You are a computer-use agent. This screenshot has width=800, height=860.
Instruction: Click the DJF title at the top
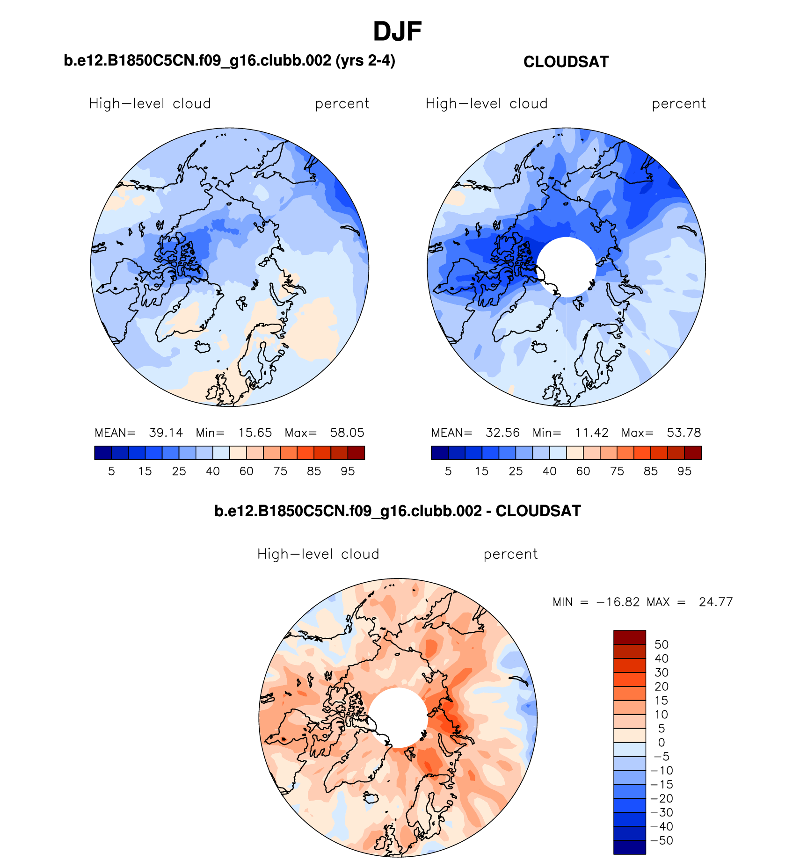[397, 32]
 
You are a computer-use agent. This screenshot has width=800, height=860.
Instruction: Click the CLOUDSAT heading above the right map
[566, 62]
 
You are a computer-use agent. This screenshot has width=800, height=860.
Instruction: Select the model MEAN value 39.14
[166, 433]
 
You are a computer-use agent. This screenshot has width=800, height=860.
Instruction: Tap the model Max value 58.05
[347, 433]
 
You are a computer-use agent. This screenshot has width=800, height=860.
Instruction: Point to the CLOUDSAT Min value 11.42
[591, 433]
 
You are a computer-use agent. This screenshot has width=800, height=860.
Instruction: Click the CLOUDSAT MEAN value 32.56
[502, 433]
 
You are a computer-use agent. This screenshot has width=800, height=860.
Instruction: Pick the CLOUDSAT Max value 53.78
[684, 433]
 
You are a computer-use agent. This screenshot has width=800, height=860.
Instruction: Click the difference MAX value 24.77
[715, 602]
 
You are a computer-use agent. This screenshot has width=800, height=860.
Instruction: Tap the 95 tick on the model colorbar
[348, 471]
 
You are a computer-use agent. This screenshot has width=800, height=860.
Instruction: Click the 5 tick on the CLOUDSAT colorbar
[448, 471]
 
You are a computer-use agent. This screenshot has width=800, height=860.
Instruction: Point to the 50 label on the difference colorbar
[661, 644]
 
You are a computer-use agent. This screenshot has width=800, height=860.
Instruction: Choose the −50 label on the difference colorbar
[661, 840]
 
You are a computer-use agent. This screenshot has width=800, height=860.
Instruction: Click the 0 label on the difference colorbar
[661, 743]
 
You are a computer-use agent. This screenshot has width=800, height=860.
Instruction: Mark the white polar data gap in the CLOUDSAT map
[566, 267]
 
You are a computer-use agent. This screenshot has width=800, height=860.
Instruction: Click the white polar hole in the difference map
[398, 717]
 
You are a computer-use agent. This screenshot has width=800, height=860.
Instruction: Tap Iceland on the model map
[203, 347]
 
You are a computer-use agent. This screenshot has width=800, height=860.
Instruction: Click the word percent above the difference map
[510, 554]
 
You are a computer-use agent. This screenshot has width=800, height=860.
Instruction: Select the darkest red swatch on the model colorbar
[356, 453]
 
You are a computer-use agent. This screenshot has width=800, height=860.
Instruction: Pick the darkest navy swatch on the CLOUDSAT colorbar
[439, 453]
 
